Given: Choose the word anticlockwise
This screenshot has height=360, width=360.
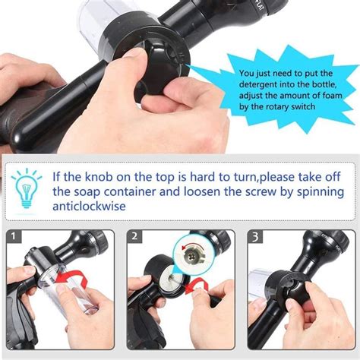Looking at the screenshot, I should coord(90,207).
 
